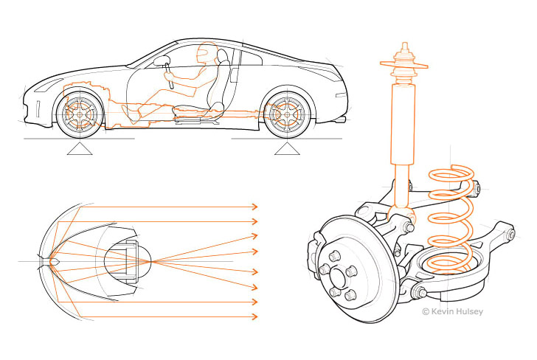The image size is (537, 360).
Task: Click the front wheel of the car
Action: coord(80,114)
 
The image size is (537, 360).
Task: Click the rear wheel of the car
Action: coord(287,114)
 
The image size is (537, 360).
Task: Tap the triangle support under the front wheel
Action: coord(80,150)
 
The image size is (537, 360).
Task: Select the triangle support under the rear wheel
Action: coord(287,150)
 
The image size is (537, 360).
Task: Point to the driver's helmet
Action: coord(208,54)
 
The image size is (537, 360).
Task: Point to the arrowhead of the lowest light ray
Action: coord(254,316)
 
